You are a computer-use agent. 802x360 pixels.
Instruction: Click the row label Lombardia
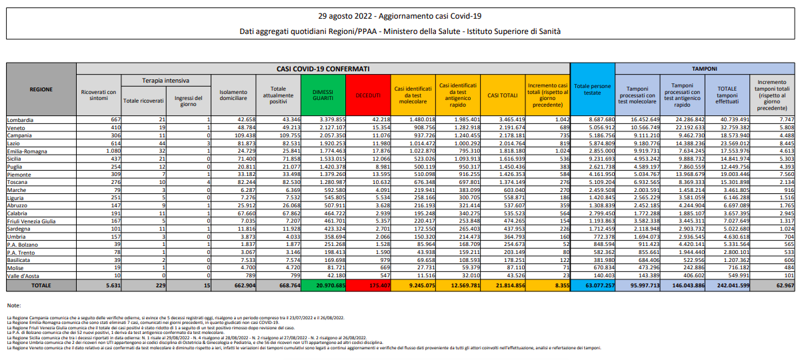tap(19, 118)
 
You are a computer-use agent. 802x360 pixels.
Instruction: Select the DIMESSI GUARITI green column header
tap(323, 94)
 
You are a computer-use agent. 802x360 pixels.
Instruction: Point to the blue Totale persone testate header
tap(592, 90)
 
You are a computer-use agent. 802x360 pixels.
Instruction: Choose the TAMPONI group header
tap(704, 69)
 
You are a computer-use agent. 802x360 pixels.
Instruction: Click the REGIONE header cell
tap(41, 89)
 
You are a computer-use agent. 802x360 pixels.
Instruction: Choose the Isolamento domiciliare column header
tap(237, 94)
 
